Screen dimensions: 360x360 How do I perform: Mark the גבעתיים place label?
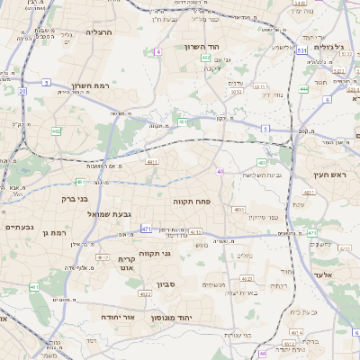pyautogui.click(x=19, y=228)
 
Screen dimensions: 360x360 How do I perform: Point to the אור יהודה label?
pyautogui.click(x=115, y=317)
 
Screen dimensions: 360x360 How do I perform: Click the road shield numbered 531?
pyautogui.click(x=302, y=51)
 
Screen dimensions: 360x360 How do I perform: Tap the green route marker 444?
pyautogui.click(x=304, y=89)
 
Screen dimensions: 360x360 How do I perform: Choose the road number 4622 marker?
pyautogui.click(x=144, y=293)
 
